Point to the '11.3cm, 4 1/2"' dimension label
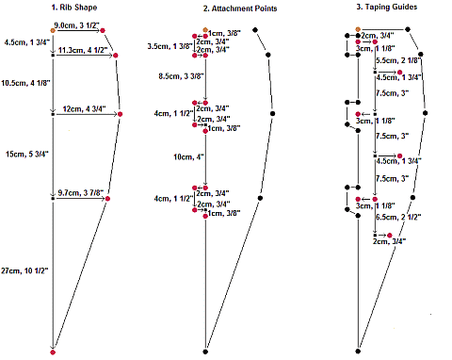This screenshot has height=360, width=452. click(x=83, y=50)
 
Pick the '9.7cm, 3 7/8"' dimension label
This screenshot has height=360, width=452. click(x=80, y=192)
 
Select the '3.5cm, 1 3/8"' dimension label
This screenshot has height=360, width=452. click(x=170, y=46)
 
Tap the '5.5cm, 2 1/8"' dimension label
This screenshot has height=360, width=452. click(x=398, y=60)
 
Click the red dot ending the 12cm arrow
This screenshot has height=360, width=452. click(x=121, y=114)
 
